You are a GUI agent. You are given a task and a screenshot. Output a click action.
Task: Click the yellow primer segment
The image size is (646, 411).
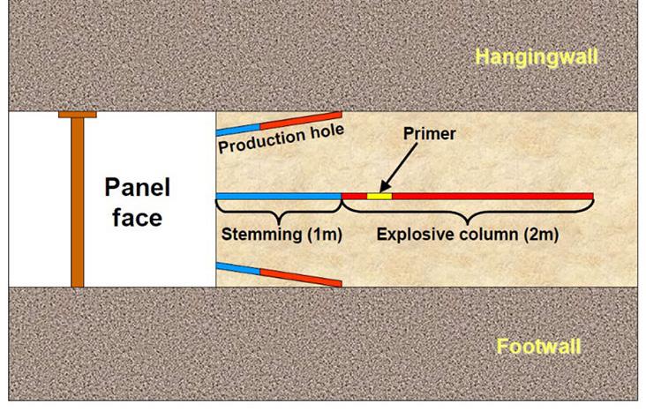(379, 195)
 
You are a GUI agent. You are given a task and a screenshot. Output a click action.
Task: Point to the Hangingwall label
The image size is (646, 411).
(537, 58)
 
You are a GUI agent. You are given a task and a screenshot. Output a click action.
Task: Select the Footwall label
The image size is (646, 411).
(538, 346)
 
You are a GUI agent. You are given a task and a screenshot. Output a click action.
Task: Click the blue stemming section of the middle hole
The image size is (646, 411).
(278, 195)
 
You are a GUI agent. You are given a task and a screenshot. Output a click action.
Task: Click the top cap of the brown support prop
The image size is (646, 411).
(77, 115)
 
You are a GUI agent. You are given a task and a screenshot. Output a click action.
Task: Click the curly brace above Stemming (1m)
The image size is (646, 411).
(279, 212)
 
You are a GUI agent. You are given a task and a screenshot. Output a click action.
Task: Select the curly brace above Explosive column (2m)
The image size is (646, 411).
(467, 212)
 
